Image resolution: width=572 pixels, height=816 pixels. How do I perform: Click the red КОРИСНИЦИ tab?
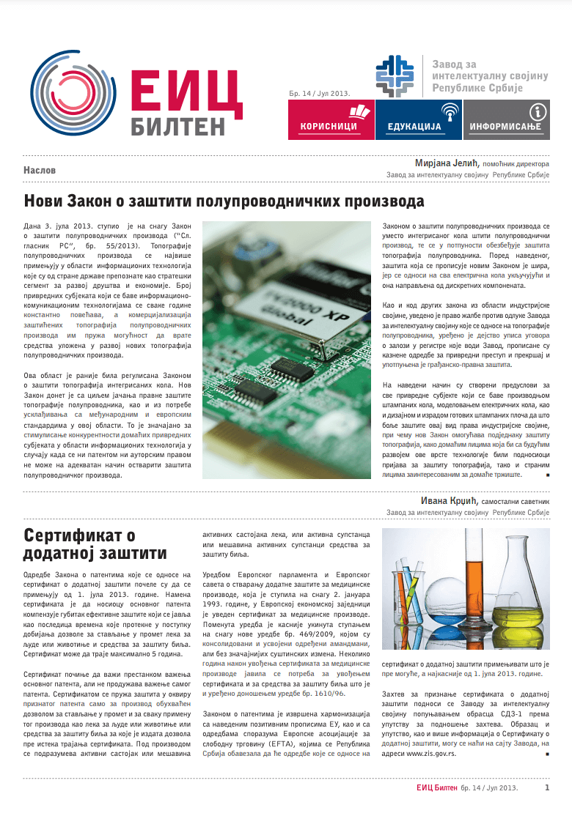[x=331, y=120]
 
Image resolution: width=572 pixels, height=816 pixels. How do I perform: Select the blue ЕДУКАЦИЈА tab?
[x=418, y=120]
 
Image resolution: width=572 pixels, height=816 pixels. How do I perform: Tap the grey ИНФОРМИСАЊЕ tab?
[x=505, y=120]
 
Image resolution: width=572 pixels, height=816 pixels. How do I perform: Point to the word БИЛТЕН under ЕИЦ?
[x=178, y=125]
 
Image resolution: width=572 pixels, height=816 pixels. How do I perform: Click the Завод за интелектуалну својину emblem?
[x=398, y=75]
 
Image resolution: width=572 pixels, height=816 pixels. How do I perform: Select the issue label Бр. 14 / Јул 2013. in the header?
[x=319, y=94]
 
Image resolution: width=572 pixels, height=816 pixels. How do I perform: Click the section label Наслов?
[x=40, y=170]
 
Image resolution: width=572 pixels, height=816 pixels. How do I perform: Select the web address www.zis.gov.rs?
[x=430, y=753]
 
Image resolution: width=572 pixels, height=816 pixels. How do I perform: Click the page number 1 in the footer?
[x=547, y=787]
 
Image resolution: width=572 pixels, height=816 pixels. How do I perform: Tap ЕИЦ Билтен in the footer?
[x=437, y=788]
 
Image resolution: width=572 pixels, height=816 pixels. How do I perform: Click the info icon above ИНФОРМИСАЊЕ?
[x=538, y=111]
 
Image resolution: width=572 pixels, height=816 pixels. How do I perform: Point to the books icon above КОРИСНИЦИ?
[x=359, y=111]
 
